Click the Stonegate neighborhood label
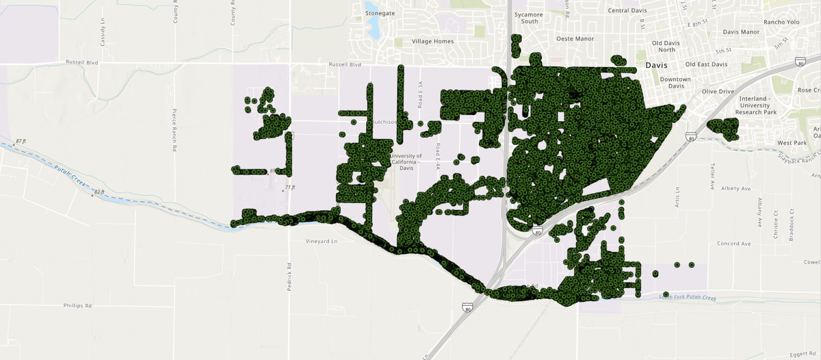coord(381,13)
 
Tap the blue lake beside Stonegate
coord(374,27)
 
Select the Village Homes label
coord(432,42)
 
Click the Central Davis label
coord(628,11)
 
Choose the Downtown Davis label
coord(676,83)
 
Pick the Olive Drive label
coord(718,91)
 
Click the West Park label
coord(793,143)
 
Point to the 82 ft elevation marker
coord(99,192)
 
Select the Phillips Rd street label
coord(77,306)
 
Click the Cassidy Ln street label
coord(103,32)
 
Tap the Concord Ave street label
coord(733,244)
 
